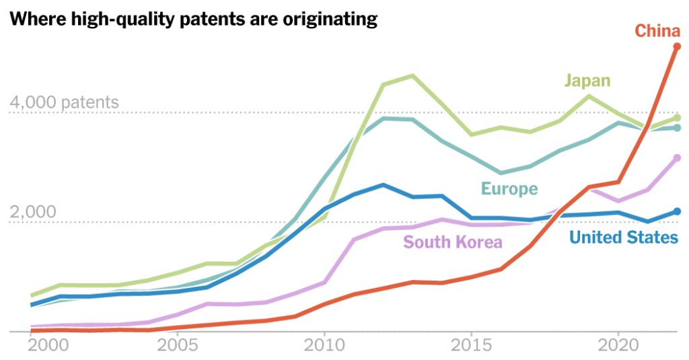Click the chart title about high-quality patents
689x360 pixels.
point(193,20)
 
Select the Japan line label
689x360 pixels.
point(587,81)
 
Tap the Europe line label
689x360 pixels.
point(509,189)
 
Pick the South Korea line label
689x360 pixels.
point(453,242)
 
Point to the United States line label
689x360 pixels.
point(624,237)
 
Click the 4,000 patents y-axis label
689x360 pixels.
point(64,103)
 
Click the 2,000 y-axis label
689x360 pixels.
point(32,212)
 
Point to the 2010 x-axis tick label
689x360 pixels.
point(324,349)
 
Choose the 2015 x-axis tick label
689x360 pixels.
point(471,349)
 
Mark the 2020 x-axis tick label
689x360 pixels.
point(618,349)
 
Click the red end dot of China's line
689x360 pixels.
point(678,46)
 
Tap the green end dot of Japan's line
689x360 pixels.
point(678,118)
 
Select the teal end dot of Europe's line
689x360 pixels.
point(678,128)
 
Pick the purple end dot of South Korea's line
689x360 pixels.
point(678,158)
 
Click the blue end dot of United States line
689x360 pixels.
point(678,211)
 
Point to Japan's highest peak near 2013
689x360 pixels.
point(412,75)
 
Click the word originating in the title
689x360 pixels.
point(326,20)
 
